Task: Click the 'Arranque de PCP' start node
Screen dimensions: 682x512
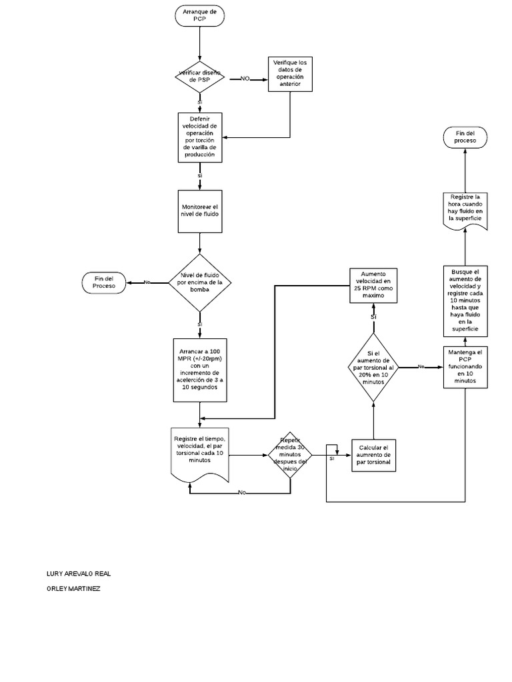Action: [x=199, y=16]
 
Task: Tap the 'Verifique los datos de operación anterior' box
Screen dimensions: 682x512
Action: [x=290, y=73]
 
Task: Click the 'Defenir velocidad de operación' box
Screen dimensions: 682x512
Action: [x=200, y=137]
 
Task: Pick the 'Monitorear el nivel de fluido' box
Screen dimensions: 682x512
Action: [x=200, y=211]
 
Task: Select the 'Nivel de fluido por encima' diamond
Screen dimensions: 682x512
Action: [x=200, y=282]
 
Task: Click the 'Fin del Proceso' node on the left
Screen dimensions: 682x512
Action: [x=105, y=282]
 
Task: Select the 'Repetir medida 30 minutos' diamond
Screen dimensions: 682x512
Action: [x=291, y=455]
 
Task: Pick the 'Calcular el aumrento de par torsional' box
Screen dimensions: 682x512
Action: [x=373, y=454]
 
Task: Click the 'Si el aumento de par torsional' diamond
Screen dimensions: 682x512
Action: [x=373, y=368]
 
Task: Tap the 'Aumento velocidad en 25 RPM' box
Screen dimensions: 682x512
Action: [x=373, y=286]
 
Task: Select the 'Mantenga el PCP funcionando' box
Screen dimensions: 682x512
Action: [x=465, y=366]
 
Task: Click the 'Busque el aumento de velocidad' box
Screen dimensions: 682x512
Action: [x=465, y=300]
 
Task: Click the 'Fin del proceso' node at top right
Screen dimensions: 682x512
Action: [x=465, y=137]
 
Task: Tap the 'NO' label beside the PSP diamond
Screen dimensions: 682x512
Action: [x=245, y=79]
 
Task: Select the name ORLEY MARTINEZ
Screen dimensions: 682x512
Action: [x=73, y=589]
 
